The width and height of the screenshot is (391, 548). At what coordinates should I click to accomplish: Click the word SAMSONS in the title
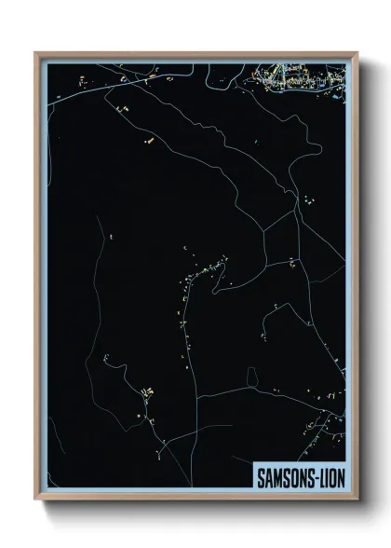285,476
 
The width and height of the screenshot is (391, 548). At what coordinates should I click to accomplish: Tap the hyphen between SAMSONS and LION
316,476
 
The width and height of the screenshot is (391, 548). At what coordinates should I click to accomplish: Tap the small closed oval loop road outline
252,376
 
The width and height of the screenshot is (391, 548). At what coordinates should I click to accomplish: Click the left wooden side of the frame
37,280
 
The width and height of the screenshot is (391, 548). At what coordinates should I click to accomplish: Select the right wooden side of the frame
356,280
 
